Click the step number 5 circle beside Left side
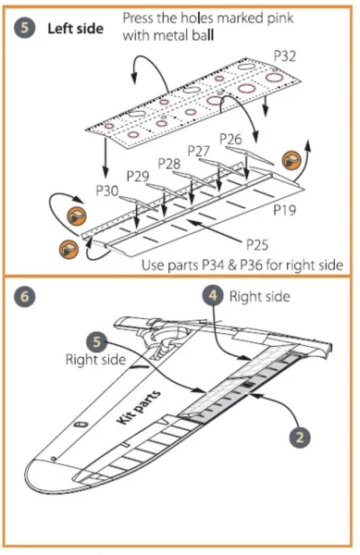pyautogui.click(x=24, y=29)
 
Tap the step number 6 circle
pyautogui.click(x=24, y=296)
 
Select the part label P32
pyautogui.click(x=285, y=55)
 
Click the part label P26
pyautogui.click(x=230, y=139)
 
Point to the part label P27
pyautogui.click(x=199, y=151)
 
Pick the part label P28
pyautogui.click(x=168, y=164)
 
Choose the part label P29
pyautogui.click(x=138, y=176)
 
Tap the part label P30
pyautogui.click(x=107, y=191)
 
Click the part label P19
pyautogui.click(x=285, y=210)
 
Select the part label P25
pyautogui.click(x=257, y=244)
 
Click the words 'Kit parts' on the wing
pyautogui.click(x=139, y=407)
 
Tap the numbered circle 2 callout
pyautogui.click(x=300, y=438)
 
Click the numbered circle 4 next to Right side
pyautogui.click(x=213, y=295)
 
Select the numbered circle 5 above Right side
pyautogui.click(x=97, y=342)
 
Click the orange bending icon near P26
pyautogui.click(x=291, y=160)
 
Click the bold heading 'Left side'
pyautogui.click(x=75, y=29)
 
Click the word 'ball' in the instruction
pyautogui.click(x=204, y=35)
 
